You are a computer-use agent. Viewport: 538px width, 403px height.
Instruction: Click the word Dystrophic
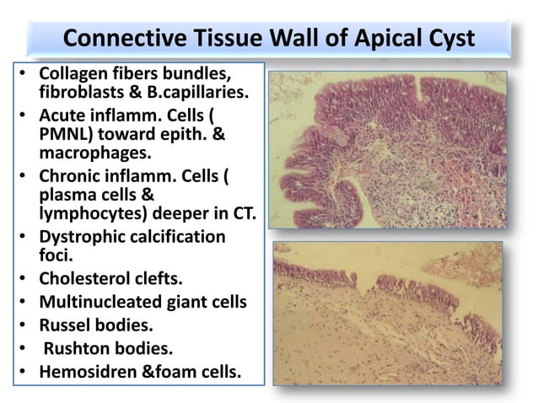coord(85,238)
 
